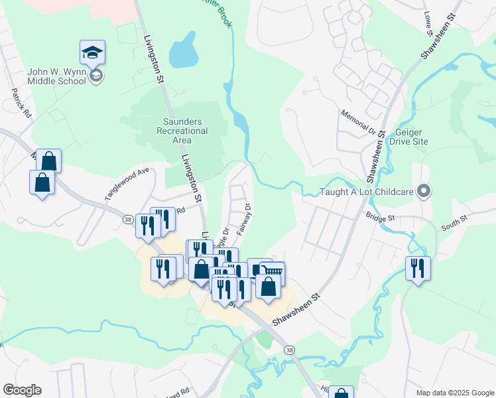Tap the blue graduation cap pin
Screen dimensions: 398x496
pos(93,52)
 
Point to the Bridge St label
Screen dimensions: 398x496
pos(380,217)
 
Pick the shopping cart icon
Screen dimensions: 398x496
pos(271,271)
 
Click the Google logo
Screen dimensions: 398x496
pos(22,390)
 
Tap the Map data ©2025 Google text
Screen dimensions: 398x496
pos(454,393)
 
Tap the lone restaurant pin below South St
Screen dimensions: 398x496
pos(418,268)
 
